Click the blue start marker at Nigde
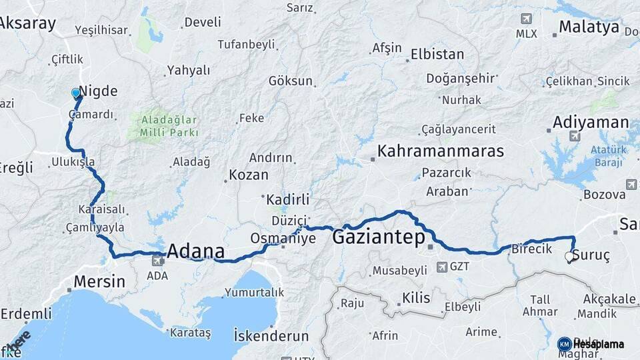(x=76, y=93)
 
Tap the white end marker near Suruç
(x=569, y=256)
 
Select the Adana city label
(x=195, y=251)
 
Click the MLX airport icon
(x=528, y=19)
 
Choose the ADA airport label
(x=157, y=275)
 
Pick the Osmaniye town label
(x=283, y=238)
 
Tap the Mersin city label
(x=99, y=281)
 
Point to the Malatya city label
(x=589, y=27)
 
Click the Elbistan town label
(x=437, y=54)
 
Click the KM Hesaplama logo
(x=591, y=344)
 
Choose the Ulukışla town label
(x=73, y=162)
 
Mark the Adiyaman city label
(x=590, y=122)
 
